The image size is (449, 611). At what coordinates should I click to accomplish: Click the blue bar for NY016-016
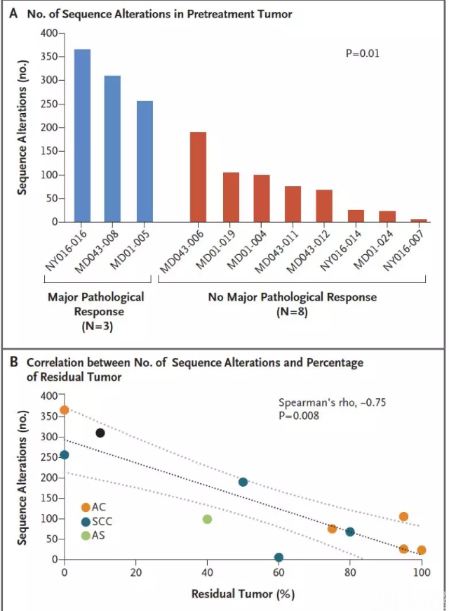pos(82,136)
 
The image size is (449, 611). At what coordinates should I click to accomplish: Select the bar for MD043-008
pos(112,149)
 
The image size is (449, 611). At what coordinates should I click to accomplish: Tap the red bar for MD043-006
pos(198,177)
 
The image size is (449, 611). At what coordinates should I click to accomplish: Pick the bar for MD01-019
pos(231,197)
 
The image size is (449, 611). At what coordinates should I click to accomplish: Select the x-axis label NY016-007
pos(403,250)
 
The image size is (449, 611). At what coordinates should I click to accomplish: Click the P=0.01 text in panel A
pos(362,53)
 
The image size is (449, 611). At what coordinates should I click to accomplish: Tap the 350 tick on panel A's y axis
pos(48,56)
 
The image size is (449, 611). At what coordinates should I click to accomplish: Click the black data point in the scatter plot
pos(100,433)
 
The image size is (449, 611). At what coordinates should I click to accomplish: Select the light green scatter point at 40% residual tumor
pos(207,519)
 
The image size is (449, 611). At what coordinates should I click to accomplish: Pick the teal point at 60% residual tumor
pos(279,557)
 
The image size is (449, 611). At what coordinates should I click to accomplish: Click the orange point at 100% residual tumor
pos(422,550)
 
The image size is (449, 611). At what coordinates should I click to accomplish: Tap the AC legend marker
pos(86,507)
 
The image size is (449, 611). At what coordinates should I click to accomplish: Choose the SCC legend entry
pos(97,522)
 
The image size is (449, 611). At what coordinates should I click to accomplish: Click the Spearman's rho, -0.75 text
pos(332,402)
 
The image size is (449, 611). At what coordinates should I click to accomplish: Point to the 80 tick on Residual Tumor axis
pos(350,572)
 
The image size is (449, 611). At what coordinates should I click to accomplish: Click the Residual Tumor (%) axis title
pos(243,594)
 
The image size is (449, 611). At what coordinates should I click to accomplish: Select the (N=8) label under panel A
pos(292,312)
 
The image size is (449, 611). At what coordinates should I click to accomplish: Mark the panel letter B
pos(13,362)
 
